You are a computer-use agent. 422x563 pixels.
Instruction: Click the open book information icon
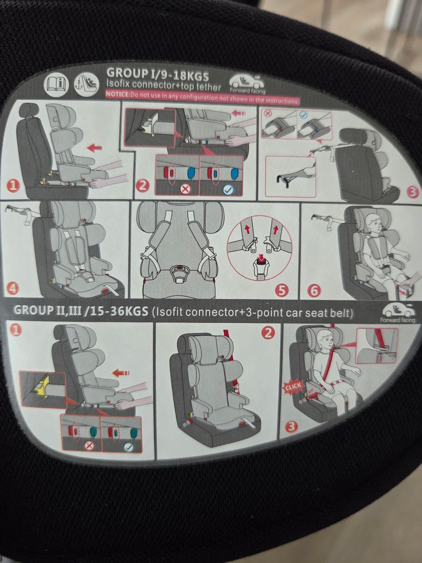[56, 84]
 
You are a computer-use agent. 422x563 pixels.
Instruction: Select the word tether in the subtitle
[208, 88]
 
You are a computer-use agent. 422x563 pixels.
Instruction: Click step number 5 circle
[282, 290]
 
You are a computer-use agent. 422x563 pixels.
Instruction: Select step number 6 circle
[314, 291]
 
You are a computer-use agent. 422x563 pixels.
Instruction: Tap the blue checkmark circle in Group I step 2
[228, 190]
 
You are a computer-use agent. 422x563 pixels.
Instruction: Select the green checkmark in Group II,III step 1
[129, 447]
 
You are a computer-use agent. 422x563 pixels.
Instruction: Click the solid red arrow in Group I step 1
[95, 148]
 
